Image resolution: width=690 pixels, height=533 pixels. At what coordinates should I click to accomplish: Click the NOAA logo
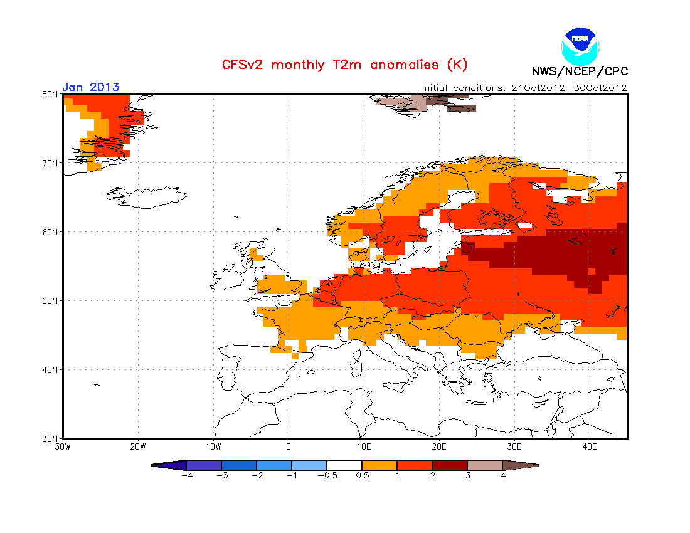tap(580, 46)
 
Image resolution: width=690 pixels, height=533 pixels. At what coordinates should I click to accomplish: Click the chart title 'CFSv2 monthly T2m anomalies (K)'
tap(344, 65)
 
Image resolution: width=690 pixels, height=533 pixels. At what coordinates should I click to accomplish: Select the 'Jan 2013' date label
tap(91, 87)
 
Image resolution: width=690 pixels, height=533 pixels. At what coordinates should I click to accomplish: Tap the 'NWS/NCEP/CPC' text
tap(580, 71)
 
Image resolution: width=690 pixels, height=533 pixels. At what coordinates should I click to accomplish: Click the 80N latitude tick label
tap(50, 94)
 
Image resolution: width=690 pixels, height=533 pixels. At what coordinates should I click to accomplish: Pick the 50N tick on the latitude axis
tap(50, 301)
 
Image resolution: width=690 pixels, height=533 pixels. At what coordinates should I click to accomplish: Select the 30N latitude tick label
tap(50, 439)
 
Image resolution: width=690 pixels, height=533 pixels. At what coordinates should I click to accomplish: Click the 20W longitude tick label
tap(138, 447)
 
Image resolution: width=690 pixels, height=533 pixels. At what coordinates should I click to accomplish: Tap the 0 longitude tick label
tap(289, 447)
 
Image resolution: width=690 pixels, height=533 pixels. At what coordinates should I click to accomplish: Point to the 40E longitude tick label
tap(590, 447)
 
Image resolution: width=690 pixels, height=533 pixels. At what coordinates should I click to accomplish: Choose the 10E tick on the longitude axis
tap(363, 447)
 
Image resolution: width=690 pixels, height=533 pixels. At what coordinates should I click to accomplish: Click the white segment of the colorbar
tap(344, 465)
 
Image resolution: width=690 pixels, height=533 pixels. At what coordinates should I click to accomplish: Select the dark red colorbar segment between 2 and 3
tap(450, 465)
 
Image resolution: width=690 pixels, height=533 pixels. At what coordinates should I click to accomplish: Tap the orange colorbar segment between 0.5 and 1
tap(379, 465)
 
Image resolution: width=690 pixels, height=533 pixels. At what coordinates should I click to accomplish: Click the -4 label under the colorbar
tap(187, 476)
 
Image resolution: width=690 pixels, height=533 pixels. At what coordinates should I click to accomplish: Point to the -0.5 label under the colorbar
tap(327, 476)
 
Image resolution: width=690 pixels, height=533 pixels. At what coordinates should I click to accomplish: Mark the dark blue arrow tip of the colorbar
tap(152, 465)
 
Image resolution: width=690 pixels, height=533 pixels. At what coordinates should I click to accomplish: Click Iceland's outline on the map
tap(146, 198)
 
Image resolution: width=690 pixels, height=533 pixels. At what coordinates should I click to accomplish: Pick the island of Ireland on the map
tap(228, 277)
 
